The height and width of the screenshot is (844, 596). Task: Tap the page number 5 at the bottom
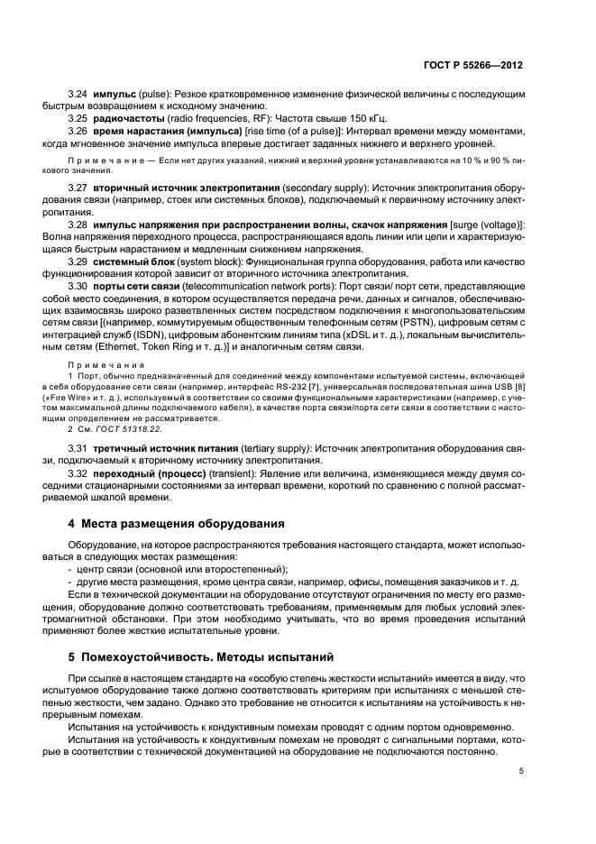click(521, 771)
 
